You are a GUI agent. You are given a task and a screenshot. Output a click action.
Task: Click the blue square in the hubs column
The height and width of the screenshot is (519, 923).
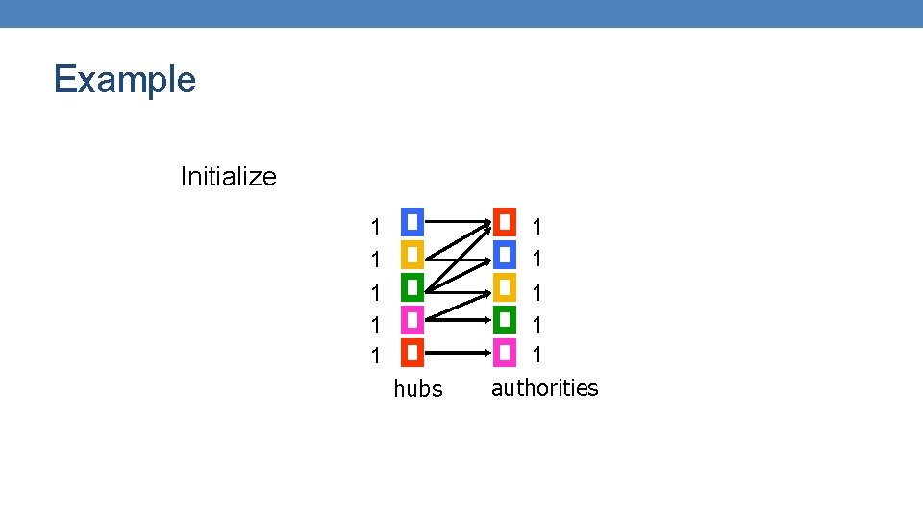(x=412, y=222)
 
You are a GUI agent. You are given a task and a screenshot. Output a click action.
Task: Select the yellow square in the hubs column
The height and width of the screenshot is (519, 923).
(x=412, y=255)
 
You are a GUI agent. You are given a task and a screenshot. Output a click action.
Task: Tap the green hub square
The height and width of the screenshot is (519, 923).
(x=412, y=287)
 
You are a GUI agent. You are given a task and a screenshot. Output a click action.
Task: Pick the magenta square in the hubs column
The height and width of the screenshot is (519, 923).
(x=412, y=320)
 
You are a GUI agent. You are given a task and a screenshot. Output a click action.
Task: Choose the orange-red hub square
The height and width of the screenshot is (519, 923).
(x=412, y=353)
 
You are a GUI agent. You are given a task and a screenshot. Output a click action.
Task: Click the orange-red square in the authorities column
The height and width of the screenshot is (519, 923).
(x=505, y=222)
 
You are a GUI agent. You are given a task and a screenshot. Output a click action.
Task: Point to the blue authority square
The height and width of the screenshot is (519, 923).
(x=505, y=255)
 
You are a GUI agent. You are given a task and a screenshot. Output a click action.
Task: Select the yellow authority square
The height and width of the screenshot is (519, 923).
(x=505, y=287)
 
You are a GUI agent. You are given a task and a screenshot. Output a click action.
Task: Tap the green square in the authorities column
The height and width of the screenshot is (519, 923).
(x=505, y=320)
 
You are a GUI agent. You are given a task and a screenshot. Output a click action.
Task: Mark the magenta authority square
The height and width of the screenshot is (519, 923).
(x=505, y=353)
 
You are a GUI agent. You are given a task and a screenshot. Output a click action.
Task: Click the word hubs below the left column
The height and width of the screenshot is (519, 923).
(x=418, y=389)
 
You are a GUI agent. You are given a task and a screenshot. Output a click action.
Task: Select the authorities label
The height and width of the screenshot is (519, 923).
(x=544, y=388)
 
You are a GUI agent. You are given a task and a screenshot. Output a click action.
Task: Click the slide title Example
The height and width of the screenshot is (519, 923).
(x=125, y=79)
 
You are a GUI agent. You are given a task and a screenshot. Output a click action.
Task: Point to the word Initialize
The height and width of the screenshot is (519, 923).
(x=228, y=177)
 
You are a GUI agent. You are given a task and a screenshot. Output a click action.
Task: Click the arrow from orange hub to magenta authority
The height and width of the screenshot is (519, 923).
(x=457, y=353)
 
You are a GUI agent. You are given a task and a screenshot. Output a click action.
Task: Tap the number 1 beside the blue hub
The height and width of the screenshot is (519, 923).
(x=376, y=228)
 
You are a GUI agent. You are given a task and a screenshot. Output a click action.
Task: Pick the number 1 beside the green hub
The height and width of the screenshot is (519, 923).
(x=376, y=292)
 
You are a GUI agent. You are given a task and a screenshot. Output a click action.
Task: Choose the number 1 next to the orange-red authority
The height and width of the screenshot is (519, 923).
(x=538, y=228)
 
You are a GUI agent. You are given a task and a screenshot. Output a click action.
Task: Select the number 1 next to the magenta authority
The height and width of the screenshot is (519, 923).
(x=538, y=355)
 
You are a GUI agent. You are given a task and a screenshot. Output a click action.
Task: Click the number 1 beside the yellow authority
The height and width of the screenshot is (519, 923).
(x=538, y=292)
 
